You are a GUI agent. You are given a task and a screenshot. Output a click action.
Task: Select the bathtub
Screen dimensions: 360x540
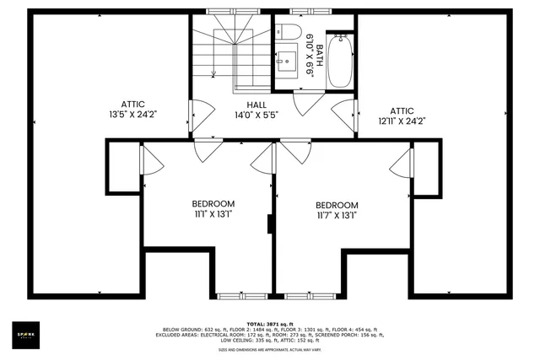click(x=340, y=60)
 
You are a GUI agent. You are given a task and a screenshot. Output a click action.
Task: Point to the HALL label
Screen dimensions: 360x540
click(x=246, y=105)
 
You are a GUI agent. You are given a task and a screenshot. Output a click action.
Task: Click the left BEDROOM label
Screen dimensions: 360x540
click(x=213, y=204)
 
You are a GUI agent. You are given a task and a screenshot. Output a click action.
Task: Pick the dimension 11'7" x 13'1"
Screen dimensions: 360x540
click(x=337, y=216)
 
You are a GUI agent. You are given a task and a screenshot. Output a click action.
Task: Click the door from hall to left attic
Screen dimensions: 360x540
click(x=196, y=110)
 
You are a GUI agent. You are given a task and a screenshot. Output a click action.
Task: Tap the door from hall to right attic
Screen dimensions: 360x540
click(x=346, y=110)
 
